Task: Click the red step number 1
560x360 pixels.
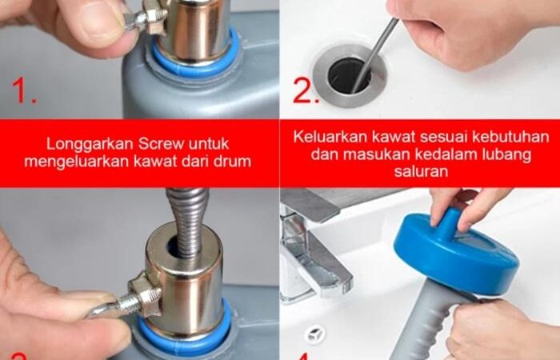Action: (23, 90)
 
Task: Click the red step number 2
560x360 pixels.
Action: (306, 90)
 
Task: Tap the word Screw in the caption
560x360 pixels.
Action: (162, 144)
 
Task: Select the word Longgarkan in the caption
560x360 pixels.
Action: (90, 145)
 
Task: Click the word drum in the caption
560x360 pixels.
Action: (234, 162)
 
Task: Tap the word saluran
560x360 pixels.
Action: (421, 171)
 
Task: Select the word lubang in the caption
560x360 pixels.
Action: (506, 155)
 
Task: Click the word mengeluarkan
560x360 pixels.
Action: (77, 162)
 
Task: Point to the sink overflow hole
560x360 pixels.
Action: (314, 334)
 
